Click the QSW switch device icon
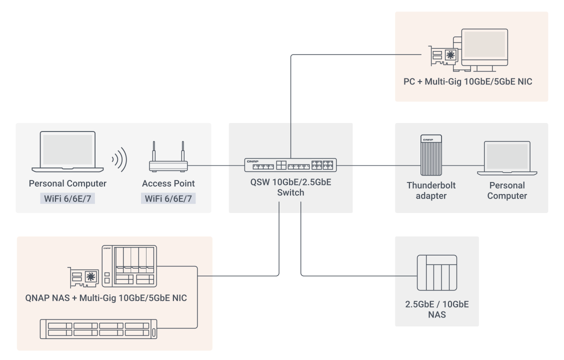click(x=290, y=165)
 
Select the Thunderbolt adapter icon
click(x=431, y=155)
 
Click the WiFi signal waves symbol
click(x=120, y=159)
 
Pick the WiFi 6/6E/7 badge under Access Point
click(x=168, y=198)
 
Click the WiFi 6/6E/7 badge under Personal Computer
click(x=67, y=198)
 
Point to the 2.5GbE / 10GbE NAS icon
click(x=437, y=273)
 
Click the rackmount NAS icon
click(x=98, y=329)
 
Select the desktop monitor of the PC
click(x=484, y=49)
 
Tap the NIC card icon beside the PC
click(x=443, y=55)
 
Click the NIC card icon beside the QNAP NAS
click(x=83, y=277)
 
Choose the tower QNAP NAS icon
click(x=129, y=266)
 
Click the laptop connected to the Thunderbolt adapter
click(x=507, y=158)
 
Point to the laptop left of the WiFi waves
click(x=67, y=152)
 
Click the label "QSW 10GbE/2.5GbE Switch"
click(x=290, y=187)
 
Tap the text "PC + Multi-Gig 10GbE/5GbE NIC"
click(x=467, y=81)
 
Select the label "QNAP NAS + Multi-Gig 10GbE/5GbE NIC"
click(x=106, y=298)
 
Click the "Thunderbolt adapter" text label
click(x=431, y=190)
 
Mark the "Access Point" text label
click(x=168, y=183)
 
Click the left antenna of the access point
click(x=154, y=151)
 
